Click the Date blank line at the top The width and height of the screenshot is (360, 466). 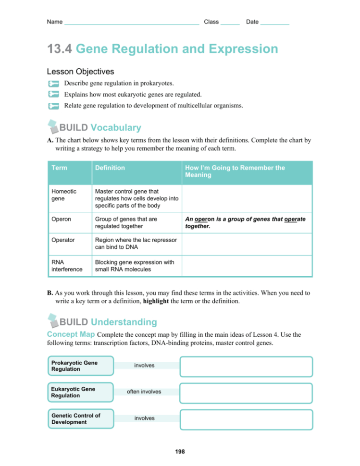tap(274, 23)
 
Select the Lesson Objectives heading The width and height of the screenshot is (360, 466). tap(80, 72)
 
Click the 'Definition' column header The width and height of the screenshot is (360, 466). tap(110, 168)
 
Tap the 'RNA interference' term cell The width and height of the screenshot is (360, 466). tap(64, 266)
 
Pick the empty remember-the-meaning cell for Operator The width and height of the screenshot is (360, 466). tap(246, 244)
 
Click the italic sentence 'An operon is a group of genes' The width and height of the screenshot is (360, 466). tap(246, 222)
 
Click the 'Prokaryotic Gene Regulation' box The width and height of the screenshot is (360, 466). tap(80, 366)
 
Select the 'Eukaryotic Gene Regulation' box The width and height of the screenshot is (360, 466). tap(80, 392)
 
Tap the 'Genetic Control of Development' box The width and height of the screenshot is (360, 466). tap(80, 418)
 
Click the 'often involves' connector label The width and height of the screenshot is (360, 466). tap(144, 392)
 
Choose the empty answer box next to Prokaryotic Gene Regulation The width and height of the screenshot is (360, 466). tap(246, 366)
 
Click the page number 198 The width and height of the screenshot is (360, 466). tap(180, 452)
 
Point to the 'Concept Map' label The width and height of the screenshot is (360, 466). tap(71, 334)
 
